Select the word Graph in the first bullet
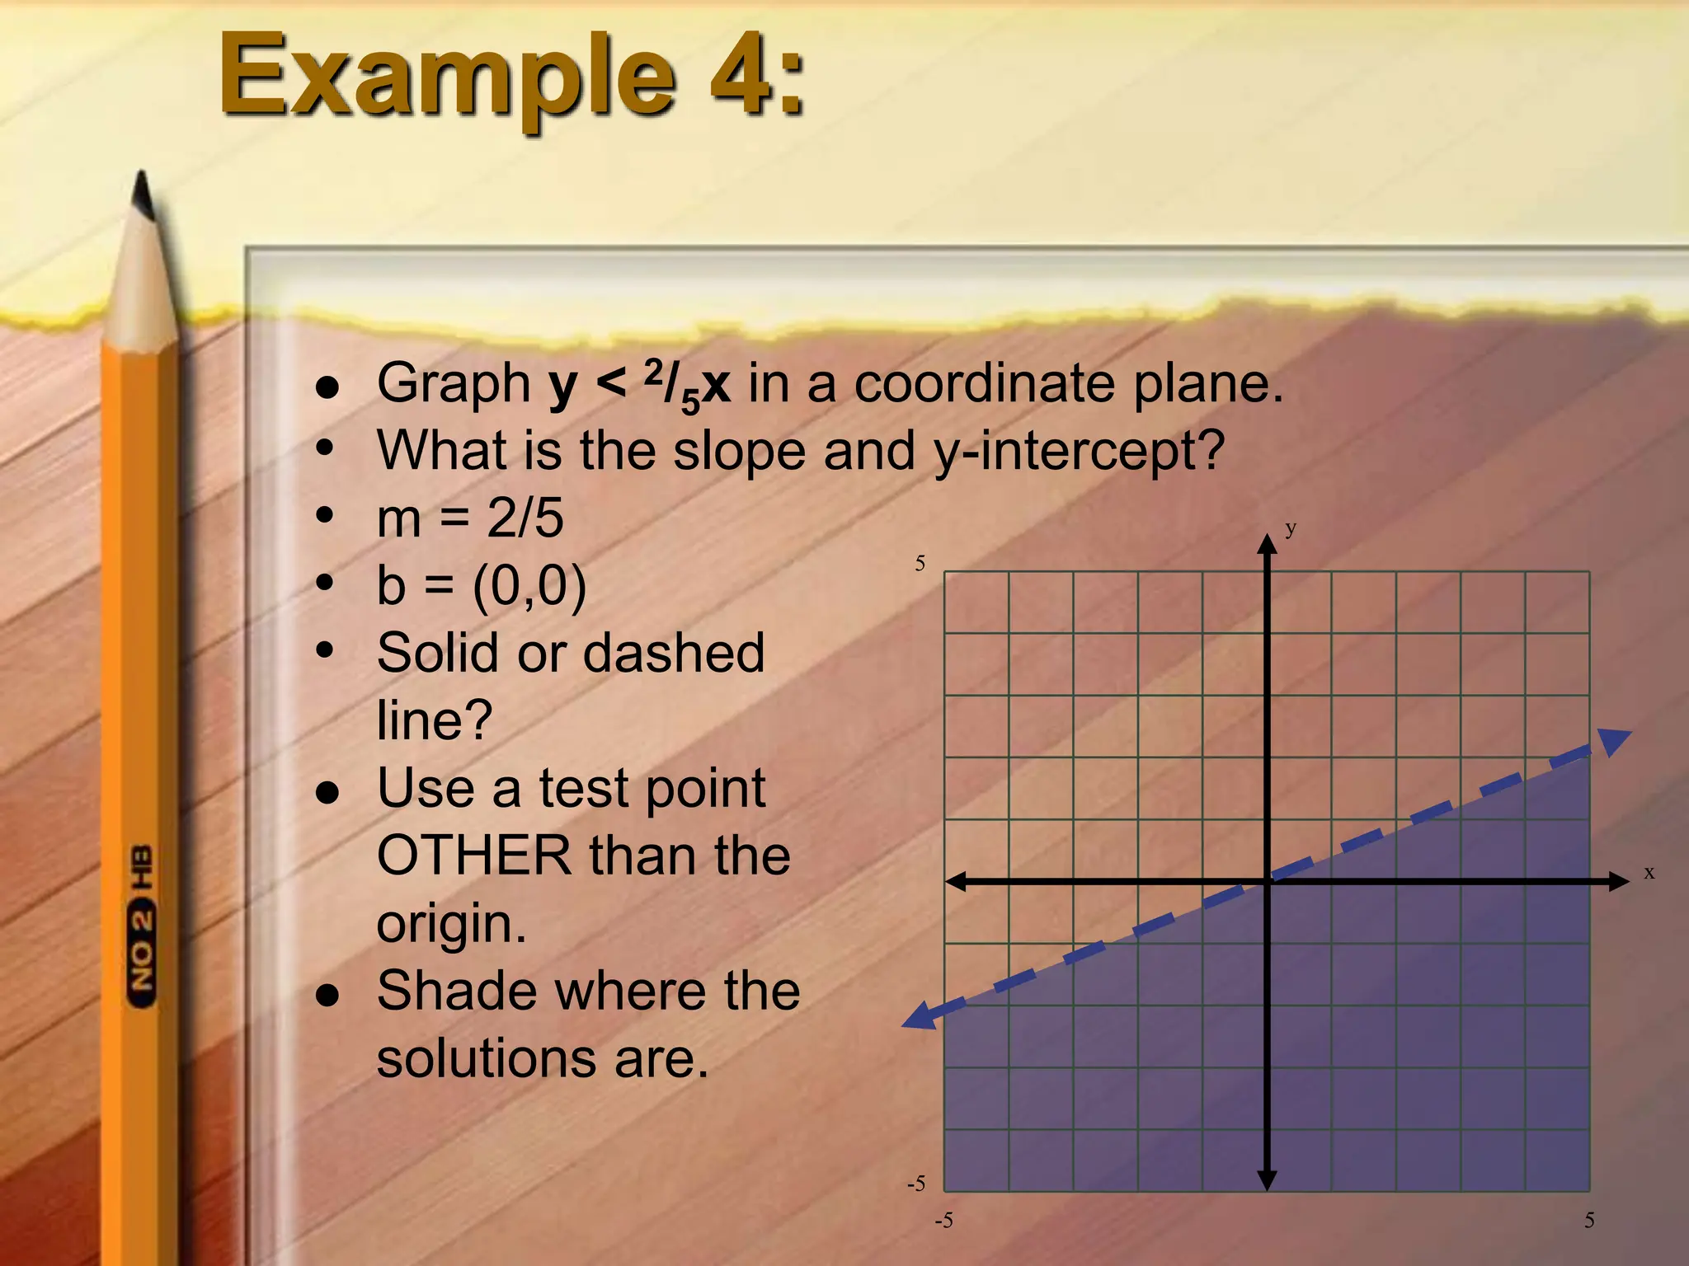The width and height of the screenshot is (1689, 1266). [454, 385]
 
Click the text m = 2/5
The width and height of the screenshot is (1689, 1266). [470, 518]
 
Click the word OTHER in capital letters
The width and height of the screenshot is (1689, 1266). [474, 856]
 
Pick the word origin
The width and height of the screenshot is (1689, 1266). [450, 923]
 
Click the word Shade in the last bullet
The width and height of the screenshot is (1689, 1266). [458, 991]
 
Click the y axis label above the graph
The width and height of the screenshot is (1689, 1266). [1291, 528]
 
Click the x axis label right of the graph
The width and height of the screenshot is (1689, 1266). [1649, 872]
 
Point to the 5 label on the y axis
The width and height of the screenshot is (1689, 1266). [920, 564]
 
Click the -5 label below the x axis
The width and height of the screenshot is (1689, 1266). [943, 1221]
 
